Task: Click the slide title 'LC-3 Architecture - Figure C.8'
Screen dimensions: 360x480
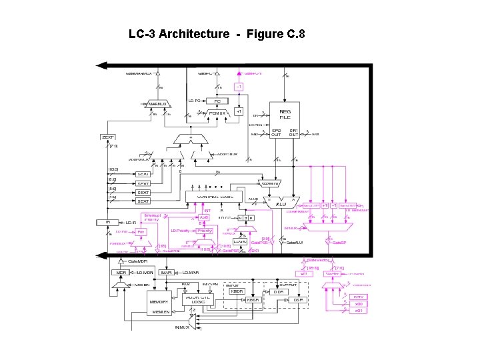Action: tap(217, 33)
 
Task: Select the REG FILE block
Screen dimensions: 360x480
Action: tap(285, 114)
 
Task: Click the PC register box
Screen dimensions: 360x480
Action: tap(217, 101)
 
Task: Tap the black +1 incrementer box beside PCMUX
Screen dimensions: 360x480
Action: tap(239, 112)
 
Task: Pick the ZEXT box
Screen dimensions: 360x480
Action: tap(108, 137)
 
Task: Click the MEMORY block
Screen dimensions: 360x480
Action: tap(158, 302)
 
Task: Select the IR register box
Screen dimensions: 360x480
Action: tap(107, 222)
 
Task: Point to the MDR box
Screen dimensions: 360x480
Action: tap(121, 273)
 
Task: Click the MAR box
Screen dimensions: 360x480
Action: tap(167, 273)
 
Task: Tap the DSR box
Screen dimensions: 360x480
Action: tap(297, 301)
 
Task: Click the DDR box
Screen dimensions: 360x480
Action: tap(278, 291)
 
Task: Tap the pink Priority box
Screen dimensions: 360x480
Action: tap(141, 232)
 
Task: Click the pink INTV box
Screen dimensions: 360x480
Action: tap(358, 297)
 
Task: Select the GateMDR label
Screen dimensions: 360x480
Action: tap(137, 261)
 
